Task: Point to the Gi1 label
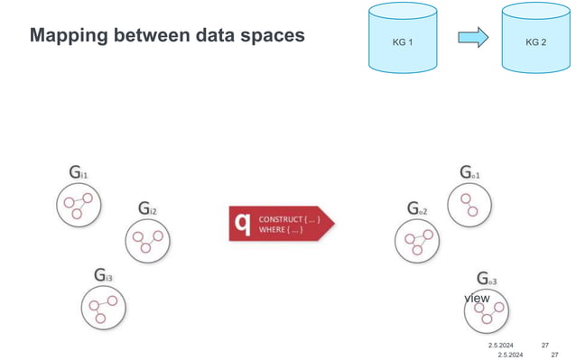[x=78, y=171]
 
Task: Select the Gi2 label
[x=147, y=209]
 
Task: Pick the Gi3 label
[x=102, y=273]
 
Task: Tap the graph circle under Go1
[x=469, y=203]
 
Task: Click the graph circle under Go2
[x=416, y=241]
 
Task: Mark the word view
[x=477, y=298]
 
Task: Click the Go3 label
[x=487, y=279]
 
